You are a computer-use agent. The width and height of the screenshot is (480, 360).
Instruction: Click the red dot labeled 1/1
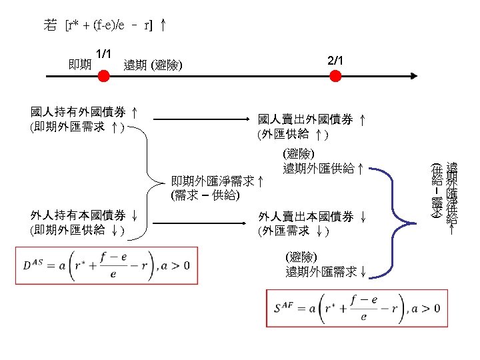coord(103,76)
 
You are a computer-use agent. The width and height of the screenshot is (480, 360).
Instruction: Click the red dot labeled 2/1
coord(335,76)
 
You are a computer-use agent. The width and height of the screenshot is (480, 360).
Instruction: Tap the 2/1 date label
coord(336,61)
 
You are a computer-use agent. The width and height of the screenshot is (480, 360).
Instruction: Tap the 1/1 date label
coord(103,53)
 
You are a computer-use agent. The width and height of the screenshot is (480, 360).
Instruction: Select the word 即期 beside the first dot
coord(80,65)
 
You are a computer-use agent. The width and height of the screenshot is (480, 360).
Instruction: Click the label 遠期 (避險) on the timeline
coord(153,65)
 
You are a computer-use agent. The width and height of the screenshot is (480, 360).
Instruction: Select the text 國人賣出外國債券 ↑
coord(311,120)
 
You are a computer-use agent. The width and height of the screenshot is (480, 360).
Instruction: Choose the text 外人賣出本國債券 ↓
coord(311,217)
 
